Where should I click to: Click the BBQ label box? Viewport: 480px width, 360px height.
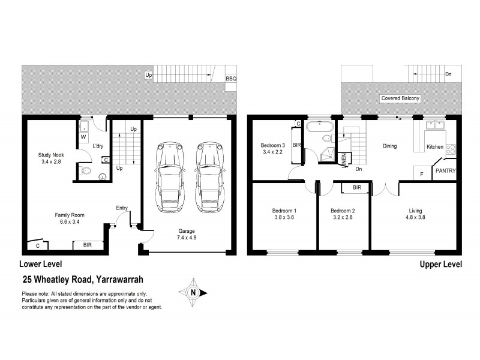click(230, 79)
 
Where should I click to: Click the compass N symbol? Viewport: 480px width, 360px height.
click(193, 293)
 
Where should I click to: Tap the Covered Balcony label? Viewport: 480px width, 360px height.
click(399, 98)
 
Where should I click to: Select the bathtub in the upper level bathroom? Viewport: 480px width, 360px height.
click(319, 127)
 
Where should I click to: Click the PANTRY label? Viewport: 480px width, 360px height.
click(445, 171)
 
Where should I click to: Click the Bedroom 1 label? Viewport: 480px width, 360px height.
click(284, 211)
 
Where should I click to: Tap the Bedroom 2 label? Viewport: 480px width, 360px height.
click(344, 211)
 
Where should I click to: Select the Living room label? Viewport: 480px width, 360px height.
click(415, 211)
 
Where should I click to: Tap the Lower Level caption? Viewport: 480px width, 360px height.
click(40, 264)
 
